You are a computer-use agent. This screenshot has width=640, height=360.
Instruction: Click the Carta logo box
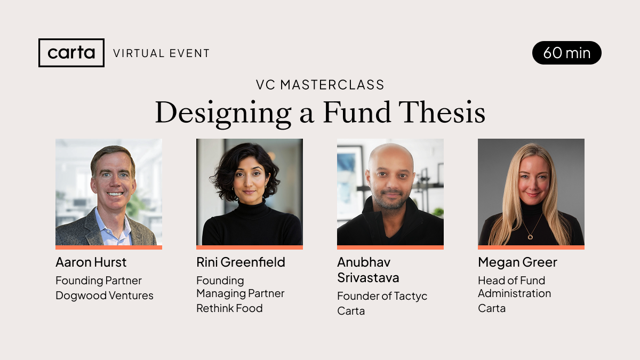71,53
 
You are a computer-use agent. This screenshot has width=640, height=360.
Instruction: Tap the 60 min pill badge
566,53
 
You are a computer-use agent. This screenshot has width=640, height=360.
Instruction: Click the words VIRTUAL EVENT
161,53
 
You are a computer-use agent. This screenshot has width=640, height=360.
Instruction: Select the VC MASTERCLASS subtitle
320,85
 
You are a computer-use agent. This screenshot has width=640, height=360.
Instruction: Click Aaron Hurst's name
91,262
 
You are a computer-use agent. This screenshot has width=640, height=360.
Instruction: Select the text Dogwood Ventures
105,295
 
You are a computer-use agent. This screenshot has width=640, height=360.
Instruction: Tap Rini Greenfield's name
241,262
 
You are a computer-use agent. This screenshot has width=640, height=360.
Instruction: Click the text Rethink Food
229,308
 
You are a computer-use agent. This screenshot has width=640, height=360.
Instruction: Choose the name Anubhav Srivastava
368,270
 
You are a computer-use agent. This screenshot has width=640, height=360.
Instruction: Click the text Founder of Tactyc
382,296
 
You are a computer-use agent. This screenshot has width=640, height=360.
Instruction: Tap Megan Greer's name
517,262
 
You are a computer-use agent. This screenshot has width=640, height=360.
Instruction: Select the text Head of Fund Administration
514,287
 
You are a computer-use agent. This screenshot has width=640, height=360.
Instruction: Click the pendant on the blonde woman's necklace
530,236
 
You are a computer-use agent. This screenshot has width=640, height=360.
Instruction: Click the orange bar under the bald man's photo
390,247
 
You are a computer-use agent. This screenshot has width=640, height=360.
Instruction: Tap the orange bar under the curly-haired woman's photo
250,247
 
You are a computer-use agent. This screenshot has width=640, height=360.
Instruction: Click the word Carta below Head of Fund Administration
491,308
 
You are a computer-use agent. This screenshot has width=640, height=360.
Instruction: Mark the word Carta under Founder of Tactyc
351,311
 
